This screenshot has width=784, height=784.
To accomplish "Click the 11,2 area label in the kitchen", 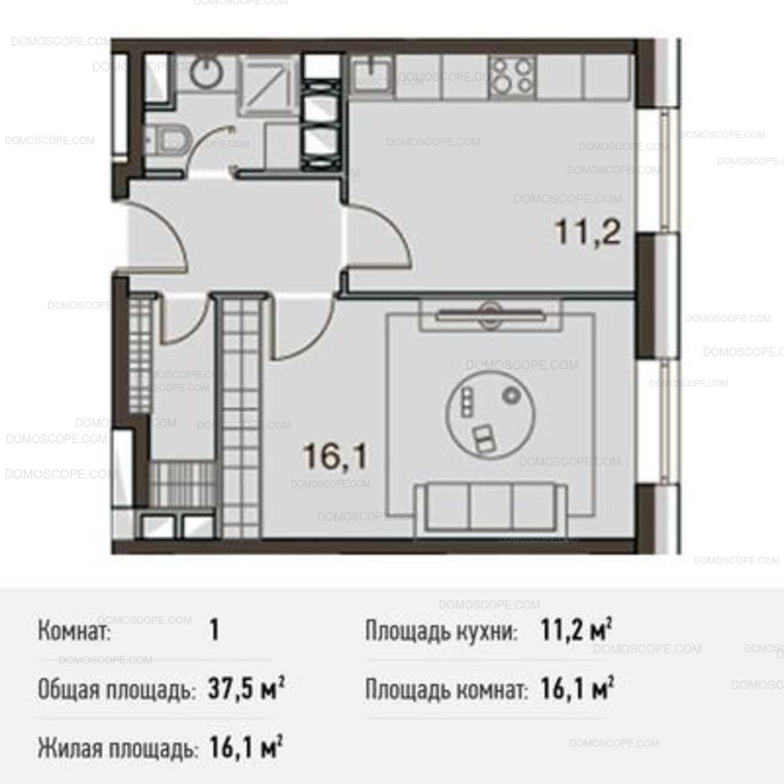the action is [588, 232].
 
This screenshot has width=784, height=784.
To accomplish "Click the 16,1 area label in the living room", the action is [336, 456].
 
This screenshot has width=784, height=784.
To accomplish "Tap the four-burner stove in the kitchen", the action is [513, 76].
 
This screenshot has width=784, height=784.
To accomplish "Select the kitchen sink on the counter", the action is [372, 76].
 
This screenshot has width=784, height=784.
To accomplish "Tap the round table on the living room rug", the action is [489, 415].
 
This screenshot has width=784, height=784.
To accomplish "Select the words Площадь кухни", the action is [442, 631].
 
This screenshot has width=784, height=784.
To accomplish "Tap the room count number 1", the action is [214, 631].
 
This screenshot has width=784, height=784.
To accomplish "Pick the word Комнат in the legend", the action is [75, 631].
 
